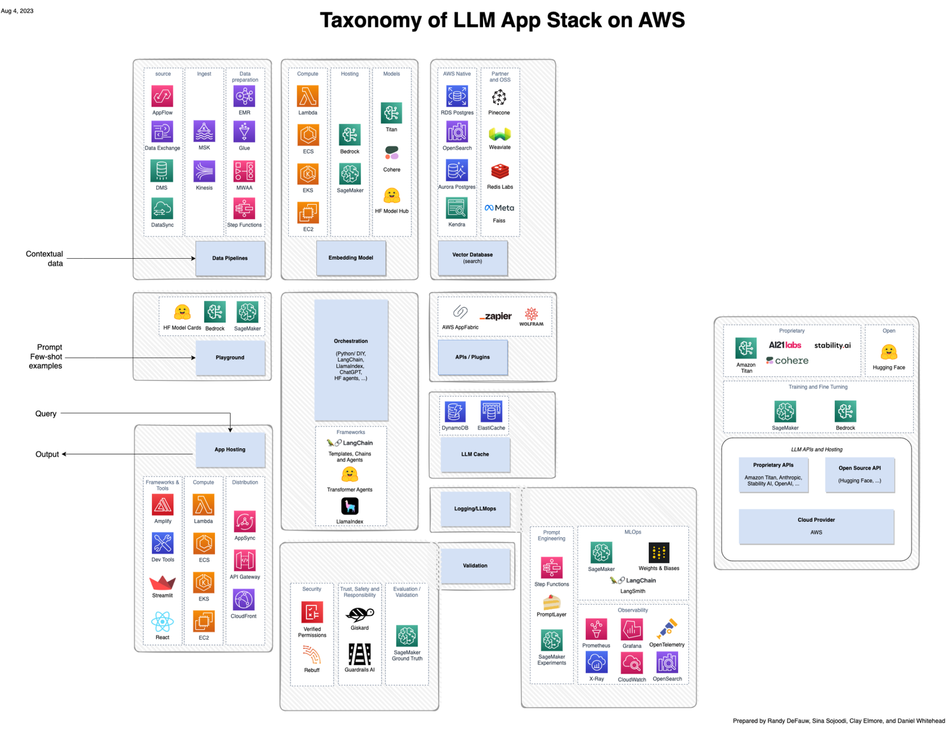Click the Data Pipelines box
pos(230,258)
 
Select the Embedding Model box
pos(350,258)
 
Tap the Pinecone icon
pos(499,97)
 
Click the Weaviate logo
pos(500,134)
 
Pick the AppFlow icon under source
pos(162,96)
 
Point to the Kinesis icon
pos(204,172)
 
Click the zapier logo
pos(496,316)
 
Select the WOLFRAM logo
pos(532,316)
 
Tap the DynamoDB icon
pos(455,412)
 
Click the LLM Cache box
pos(475,454)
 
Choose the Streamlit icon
pos(162,583)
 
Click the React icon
pos(162,622)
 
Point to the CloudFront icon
pos(244,601)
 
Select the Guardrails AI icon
pos(359,654)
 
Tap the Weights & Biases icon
pos(659,553)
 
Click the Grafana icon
pos(632,630)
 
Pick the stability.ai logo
pos(832,345)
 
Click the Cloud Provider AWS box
pos(816,526)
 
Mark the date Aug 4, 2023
pos(17,11)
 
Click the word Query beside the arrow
pos(46,413)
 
